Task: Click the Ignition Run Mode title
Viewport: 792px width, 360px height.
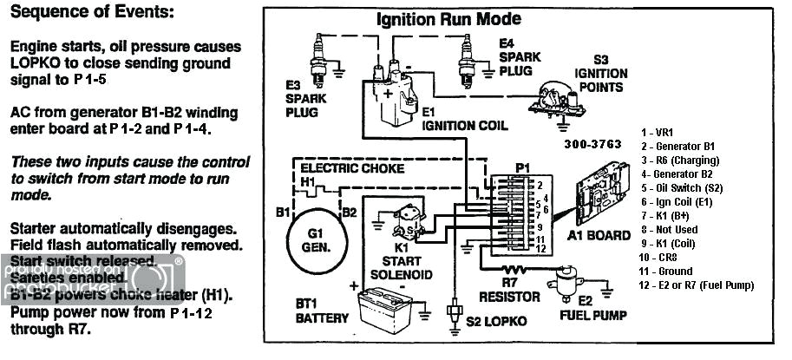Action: (448, 19)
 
